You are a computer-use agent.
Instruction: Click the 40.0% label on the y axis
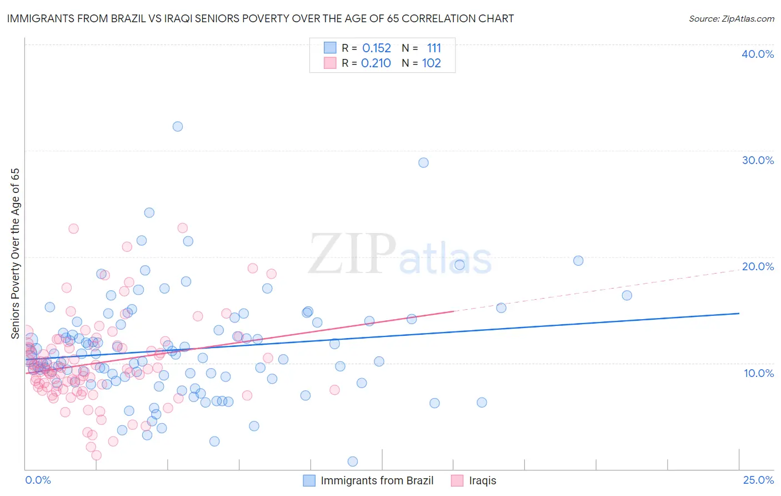(x=758, y=54)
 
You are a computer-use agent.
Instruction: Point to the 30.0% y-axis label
(x=758, y=160)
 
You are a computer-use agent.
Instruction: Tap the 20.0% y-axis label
(x=758, y=266)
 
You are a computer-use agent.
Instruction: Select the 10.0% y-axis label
(x=759, y=373)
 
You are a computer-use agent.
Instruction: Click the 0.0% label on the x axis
(x=38, y=480)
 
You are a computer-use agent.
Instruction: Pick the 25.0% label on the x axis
(x=758, y=480)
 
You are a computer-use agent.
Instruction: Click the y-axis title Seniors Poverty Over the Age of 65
(x=15, y=253)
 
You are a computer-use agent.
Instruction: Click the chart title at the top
(x=261, y=18)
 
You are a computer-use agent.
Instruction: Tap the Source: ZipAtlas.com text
(x=731, y=18)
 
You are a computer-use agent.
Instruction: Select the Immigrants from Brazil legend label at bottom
(x=377, y=480)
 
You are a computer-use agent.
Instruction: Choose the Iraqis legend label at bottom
(x=482, y=480)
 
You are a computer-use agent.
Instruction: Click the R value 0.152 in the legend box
(x=377, y=48)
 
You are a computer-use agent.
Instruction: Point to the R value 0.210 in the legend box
(x=376, y=63)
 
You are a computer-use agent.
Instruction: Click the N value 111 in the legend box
(x=434, y=48)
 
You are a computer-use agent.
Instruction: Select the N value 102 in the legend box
(x=432, y=63)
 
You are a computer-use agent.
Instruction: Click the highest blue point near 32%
(x=178, y=126)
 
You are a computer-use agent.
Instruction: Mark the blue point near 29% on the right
(x=423, y=162)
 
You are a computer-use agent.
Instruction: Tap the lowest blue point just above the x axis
(x=352, y=462)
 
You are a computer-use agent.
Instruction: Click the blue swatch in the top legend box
(x=330, y=48)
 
